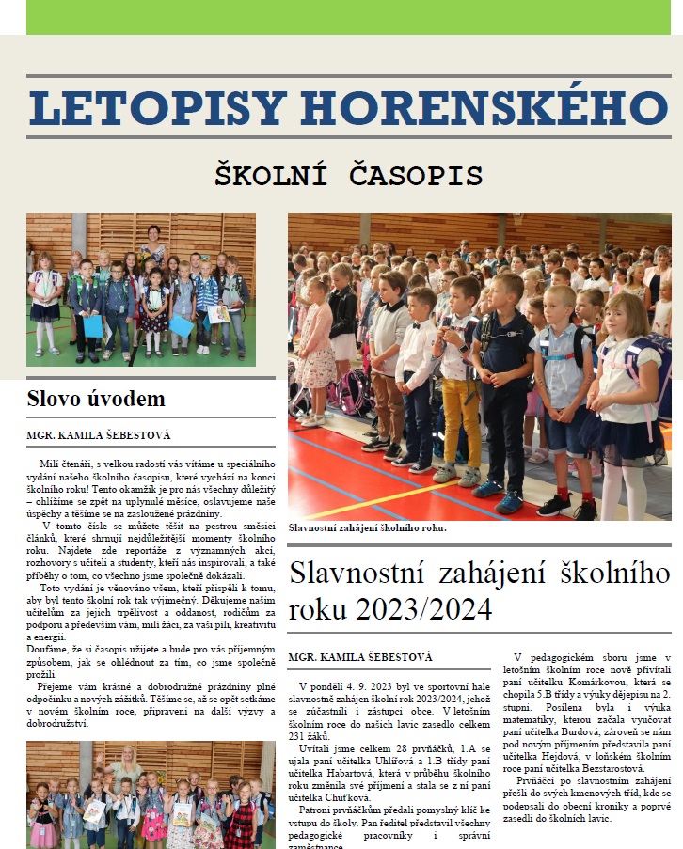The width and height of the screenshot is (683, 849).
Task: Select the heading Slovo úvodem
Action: pos(96,399)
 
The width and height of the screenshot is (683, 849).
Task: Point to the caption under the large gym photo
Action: pos(367,527)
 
